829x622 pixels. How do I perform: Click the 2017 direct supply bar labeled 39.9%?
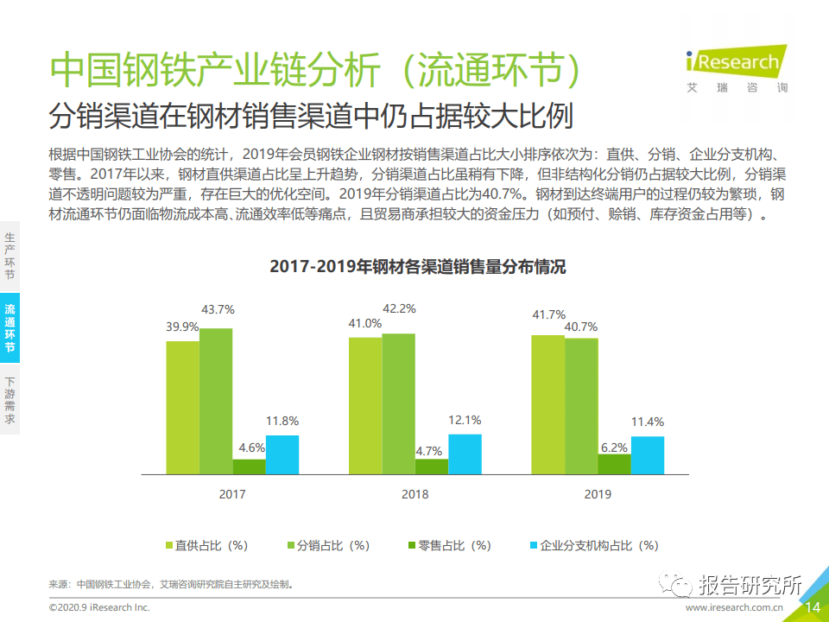(x=183, y=407)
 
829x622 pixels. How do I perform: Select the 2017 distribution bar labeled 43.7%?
(x=216, y=401)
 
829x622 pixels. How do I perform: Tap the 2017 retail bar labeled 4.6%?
(x=250, y=466)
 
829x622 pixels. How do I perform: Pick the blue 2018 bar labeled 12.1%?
(x=465, y=454)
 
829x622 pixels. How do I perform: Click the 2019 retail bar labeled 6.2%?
(x=614, y=464)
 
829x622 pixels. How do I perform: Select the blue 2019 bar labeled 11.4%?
(x=647, y=455)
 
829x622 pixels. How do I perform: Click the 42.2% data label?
(x=399, y=308)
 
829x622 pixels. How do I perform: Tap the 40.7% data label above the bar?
(x=581, y=327)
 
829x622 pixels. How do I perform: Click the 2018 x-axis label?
(x=414, y=495)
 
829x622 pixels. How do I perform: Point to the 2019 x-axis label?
(x=597, y=495)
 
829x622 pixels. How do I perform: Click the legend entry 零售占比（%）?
(x=448, y=545)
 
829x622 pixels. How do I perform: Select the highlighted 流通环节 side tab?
(x=9, y=327)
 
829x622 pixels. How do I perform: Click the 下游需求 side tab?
(x=9, y=400)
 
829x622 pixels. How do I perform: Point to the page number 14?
(x=813, y=607)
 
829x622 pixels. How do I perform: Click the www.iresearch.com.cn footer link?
(x=734, y=608)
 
